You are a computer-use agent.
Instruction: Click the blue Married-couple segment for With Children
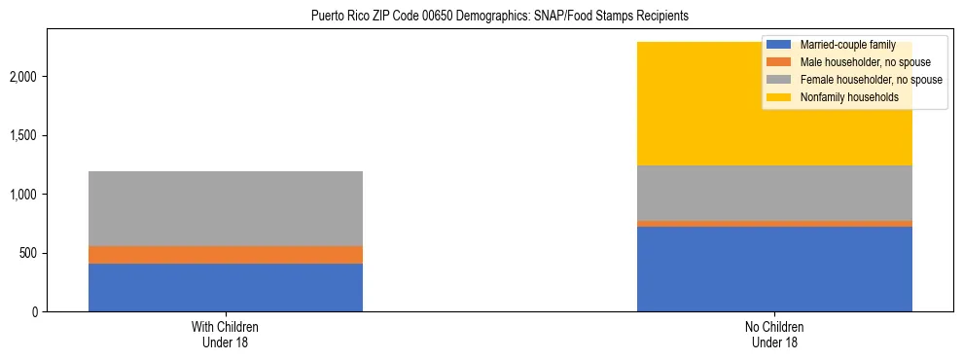click(226, 287)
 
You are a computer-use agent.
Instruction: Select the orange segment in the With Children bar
click(226, 255)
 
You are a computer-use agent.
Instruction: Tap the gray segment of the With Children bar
click(226, 208)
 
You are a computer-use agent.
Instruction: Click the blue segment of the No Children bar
click(774, 269)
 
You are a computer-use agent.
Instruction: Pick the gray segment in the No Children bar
click(774, 193)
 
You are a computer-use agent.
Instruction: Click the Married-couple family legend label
click(842, 45)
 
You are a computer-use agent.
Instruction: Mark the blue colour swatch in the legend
click(779, 45)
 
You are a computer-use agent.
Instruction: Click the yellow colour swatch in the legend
click(779, 97)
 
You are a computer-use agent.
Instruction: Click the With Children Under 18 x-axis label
click(226, 335)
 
